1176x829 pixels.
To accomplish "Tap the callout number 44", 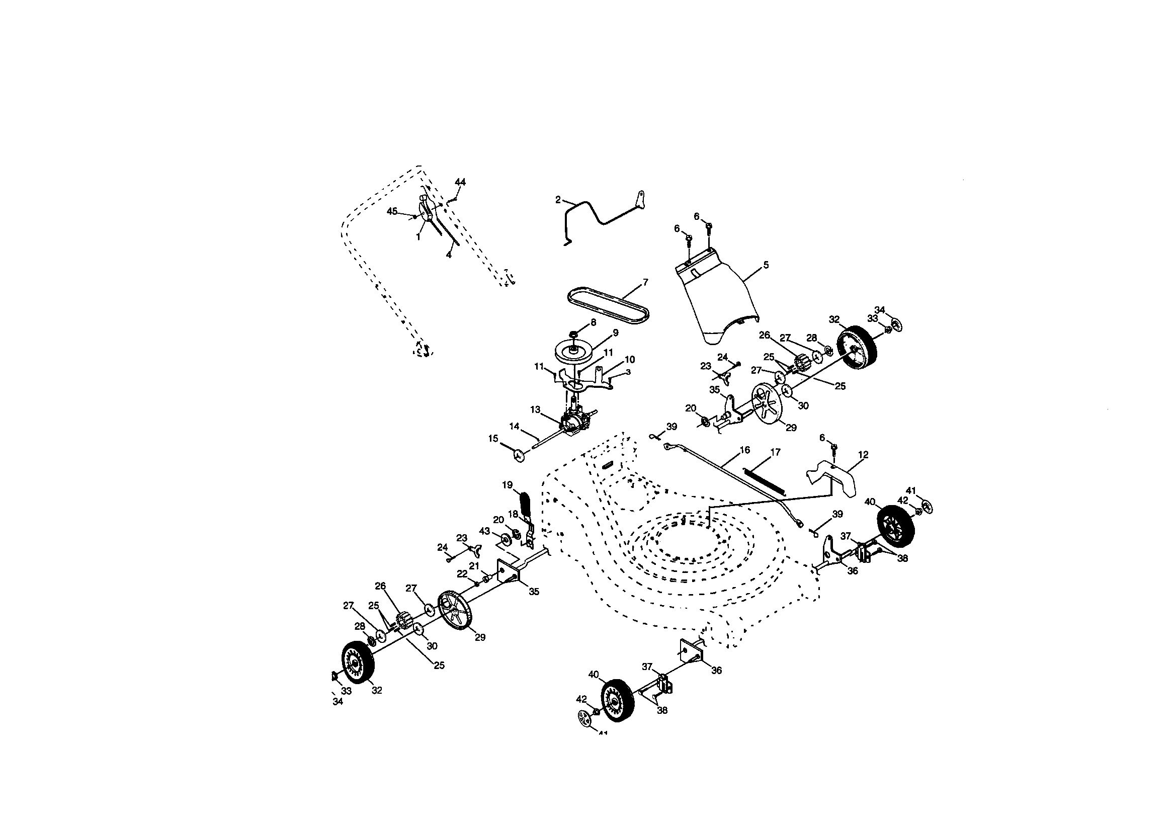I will pos(460,182).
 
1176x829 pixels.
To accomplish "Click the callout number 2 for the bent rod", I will pos(558,200).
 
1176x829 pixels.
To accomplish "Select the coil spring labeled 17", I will pos(761,480).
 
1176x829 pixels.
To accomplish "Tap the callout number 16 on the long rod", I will pos(744,450).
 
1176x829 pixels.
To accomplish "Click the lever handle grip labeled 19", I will pos(526,504).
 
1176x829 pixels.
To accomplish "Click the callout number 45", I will pos(392,211).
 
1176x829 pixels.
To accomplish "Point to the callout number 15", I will pos(493,439).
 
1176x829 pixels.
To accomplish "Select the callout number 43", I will pos(484,530).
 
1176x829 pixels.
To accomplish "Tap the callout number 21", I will pos(474,565).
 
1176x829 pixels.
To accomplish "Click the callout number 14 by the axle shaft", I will pos(514,426).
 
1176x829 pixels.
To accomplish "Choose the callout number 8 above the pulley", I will pos(593,322).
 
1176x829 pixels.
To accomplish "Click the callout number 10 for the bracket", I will pos(629,359).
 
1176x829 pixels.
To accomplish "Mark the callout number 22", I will pos(462,574).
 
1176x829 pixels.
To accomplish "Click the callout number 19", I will pos(507,485).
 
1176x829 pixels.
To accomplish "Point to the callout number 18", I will pos(513,514).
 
